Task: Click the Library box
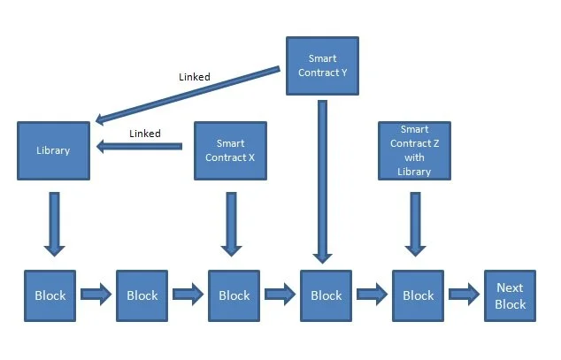[53, 150]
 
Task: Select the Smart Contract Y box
[322, 65]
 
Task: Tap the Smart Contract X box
[230, 149]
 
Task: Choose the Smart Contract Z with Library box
[414, 150]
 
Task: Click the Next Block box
[510, 295]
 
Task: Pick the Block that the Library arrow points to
[50, 295]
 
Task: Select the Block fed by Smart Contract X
[234, 295]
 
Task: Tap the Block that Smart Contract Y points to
[326, 295]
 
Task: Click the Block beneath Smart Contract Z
[418, 295]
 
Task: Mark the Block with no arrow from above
[142, 295]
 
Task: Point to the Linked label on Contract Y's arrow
[194, 77]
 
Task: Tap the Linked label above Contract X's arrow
[145, 134]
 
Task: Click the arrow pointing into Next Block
[464, 295]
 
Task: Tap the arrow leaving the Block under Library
[96, 295]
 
